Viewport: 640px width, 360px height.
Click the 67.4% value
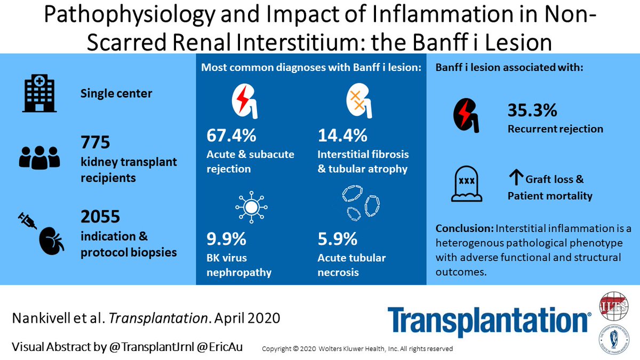231,135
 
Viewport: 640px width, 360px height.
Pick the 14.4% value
342,135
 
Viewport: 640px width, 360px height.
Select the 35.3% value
532,110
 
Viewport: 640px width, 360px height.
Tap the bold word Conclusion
464,229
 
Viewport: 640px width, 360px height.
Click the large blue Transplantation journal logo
489,322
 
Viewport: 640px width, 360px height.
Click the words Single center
116,93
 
